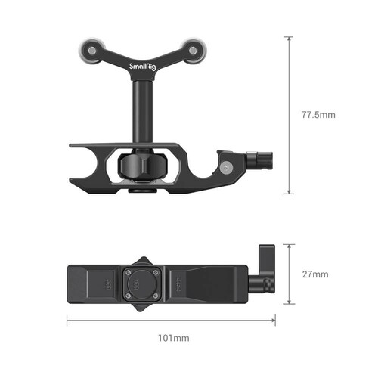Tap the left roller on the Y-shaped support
tap(88, 50)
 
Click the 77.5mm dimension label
tap(318, 115)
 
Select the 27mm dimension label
tap(312, 274)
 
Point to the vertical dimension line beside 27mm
tap(288, 274)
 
